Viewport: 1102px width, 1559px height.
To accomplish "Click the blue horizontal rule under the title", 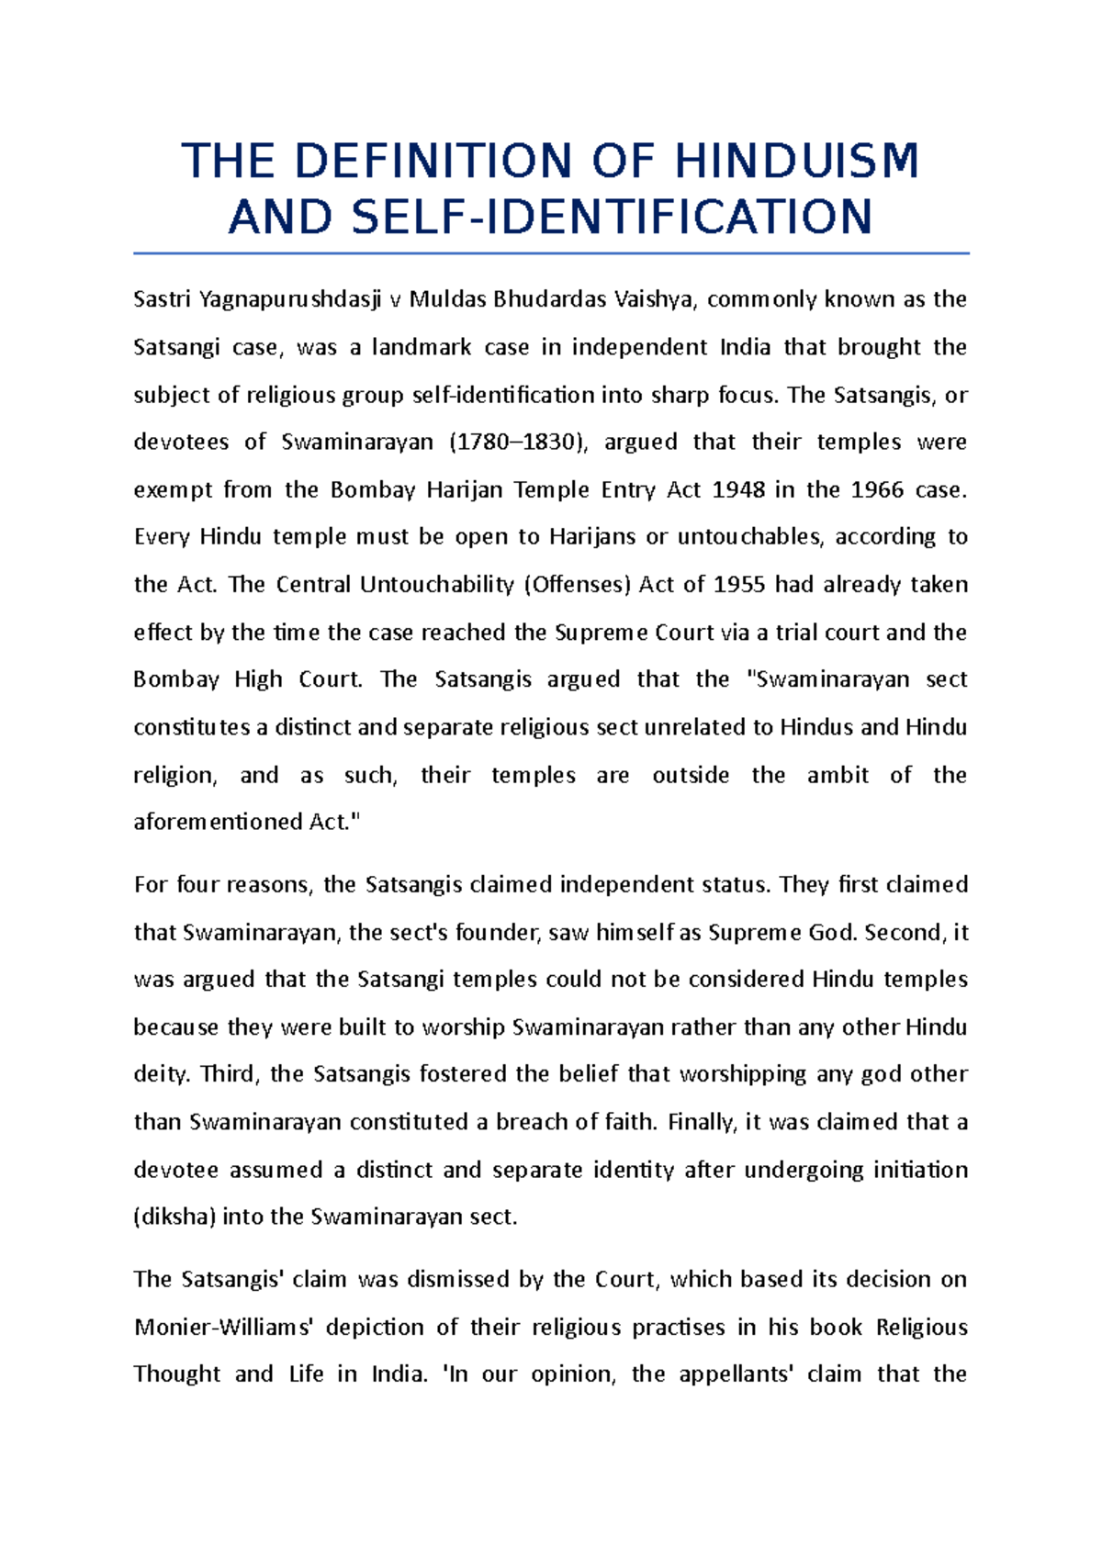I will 551,253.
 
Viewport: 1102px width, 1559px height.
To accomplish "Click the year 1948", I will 738,489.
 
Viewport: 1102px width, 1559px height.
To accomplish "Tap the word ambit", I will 838,775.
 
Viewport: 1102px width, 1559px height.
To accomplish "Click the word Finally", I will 702,1122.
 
